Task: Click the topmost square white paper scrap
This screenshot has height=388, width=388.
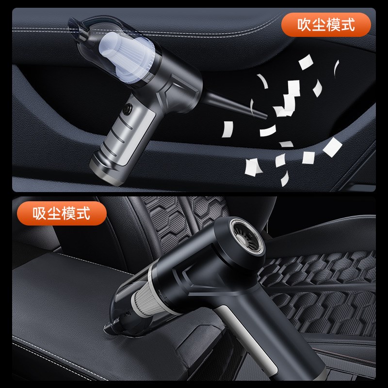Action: pyautogui.click(x=306, y=63)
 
